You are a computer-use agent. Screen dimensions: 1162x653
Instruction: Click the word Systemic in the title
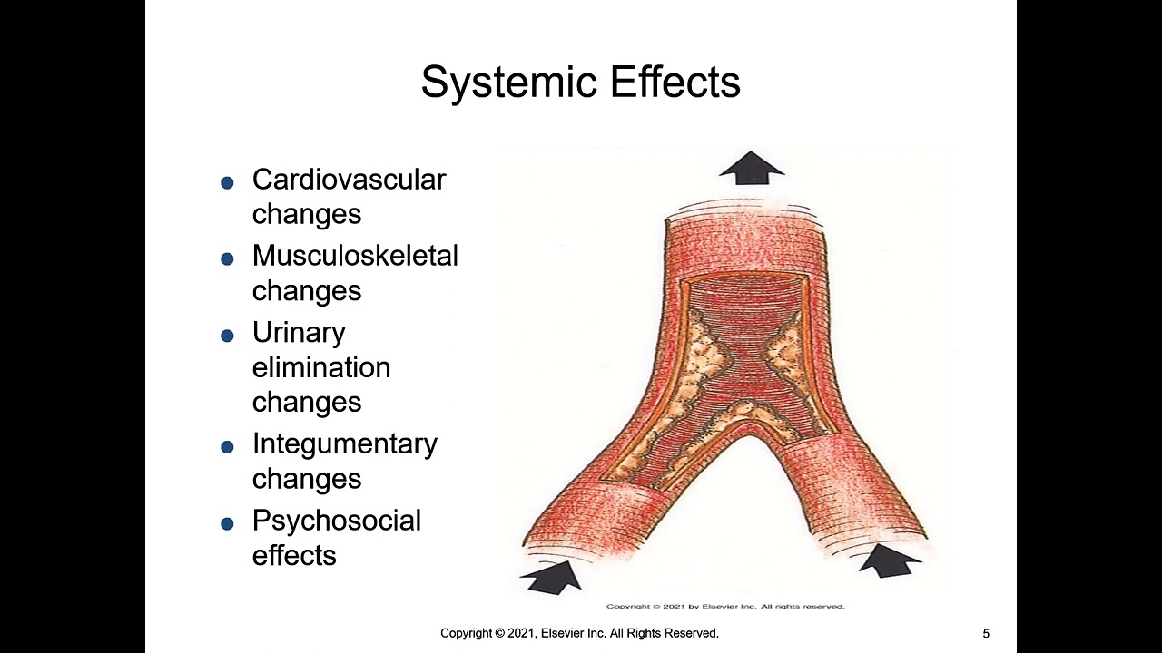510,83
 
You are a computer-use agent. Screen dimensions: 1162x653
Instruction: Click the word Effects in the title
675,82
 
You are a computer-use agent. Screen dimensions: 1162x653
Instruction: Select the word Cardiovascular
350,180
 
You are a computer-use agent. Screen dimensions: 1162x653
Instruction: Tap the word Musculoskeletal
355,256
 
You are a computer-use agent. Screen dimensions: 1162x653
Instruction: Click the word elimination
321,367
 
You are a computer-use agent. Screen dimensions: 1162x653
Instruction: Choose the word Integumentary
345,445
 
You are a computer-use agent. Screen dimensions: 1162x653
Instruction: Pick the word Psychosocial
337,521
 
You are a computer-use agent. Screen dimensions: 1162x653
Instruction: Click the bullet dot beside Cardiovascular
227,182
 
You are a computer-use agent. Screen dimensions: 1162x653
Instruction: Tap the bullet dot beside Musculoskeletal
227,258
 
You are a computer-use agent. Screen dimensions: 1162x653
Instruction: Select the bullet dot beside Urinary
227,336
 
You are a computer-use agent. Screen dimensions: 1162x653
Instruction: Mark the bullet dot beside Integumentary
227,447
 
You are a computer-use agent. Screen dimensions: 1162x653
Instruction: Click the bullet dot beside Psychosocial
227,523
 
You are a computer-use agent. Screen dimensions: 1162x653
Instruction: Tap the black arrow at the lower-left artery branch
553,577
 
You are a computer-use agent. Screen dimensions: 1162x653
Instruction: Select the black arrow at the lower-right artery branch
890,560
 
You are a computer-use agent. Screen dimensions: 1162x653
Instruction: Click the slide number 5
986,633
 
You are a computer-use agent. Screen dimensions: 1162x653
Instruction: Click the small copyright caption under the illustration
725,607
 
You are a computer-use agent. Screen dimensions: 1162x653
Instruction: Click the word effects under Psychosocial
294,555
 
